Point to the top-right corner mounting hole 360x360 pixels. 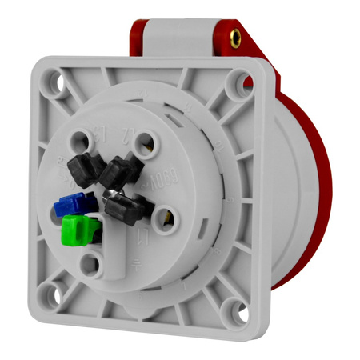coord(236,81)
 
